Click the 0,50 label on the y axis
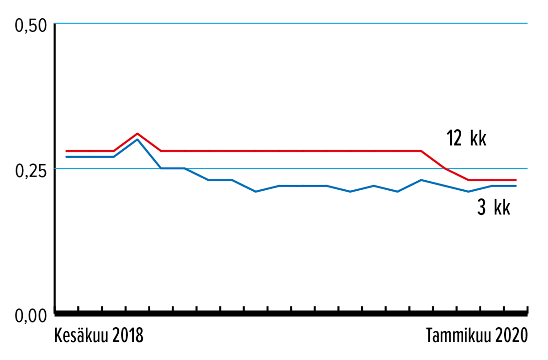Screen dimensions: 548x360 tap(31, 26)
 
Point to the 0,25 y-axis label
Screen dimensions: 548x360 tap(31, 171)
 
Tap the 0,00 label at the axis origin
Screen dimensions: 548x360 tap(31, 316)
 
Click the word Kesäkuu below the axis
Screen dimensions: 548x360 tap(81, 335)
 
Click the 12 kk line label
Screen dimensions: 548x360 tap(467, 138)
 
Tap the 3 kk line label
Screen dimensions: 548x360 tap(494, 207)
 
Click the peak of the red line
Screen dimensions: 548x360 tap(137, 134)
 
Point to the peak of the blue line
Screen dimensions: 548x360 tap(137, 140)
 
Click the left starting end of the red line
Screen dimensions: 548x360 tap(67, 151)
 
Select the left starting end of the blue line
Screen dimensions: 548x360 tap(67, 157)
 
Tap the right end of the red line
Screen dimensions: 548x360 tap(516, 180)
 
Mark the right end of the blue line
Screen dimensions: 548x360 tap(516, 186)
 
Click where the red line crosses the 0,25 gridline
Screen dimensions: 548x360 tap(445, 168)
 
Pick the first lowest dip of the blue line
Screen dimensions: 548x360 tap(255, 192)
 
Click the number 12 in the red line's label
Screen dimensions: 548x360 tap(454, 138)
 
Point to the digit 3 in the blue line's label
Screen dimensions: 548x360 tap(481, 208)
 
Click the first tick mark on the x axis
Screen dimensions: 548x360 tap(78, 309)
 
